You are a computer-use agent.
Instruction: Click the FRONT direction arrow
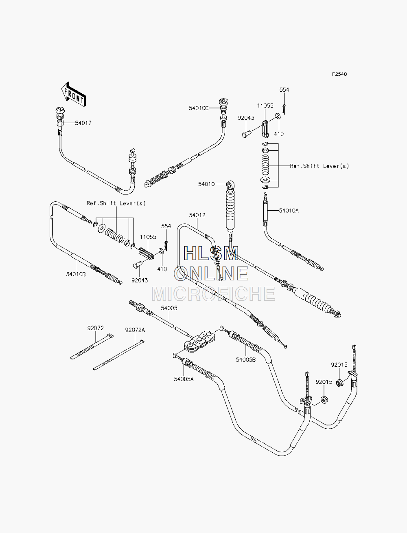pos(74,95)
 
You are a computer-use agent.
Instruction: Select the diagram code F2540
pos(339,74)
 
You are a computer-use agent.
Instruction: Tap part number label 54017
pos(83,123)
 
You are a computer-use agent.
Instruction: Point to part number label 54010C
pos(199,108)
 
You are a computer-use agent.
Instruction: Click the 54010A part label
pos(289,211)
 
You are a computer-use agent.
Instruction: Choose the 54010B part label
pos(76,274)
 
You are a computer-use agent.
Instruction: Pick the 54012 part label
pos(197,215)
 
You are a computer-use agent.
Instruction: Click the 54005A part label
pos(184,379)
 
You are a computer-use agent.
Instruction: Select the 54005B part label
pos(246,360)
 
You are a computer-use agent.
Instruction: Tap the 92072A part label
pos(135,330)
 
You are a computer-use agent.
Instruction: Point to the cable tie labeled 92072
pos(92,346)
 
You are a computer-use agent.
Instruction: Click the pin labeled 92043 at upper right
pos(247,134)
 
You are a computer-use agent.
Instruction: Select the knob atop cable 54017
pos(60,111)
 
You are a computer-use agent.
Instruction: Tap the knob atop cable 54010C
pos(224,102)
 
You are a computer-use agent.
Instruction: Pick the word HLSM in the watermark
pos(211,253)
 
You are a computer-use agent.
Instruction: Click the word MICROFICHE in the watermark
pos(213,293)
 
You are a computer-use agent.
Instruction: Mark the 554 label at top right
pos(284,90)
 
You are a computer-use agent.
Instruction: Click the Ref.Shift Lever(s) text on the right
pos(319,166)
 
